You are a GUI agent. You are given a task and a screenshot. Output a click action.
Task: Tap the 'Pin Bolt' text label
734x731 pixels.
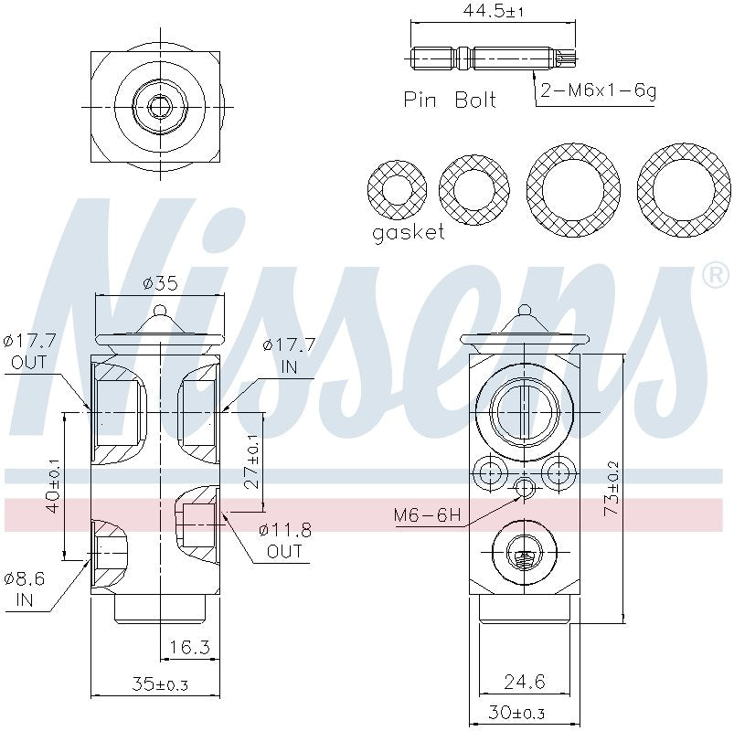click(449, 100)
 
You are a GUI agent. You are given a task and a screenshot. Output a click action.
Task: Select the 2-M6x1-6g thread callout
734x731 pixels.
click(598, 91)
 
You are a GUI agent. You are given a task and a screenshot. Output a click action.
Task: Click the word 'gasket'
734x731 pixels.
click(408, 232)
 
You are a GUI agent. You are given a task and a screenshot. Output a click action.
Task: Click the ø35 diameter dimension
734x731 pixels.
click(160, 283)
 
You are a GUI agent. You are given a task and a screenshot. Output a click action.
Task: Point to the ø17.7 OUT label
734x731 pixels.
click(30, 352)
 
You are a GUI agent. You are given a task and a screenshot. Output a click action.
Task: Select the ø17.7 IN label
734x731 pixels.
click(288, 355)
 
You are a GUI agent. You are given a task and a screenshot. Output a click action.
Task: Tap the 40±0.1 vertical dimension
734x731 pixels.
click(52, 485)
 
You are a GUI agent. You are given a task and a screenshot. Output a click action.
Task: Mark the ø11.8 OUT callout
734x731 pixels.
click(284, 540)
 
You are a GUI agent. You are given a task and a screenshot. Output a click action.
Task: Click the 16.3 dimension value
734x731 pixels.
click(190, 648)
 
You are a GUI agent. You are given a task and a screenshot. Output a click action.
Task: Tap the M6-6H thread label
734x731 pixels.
click(427, 515)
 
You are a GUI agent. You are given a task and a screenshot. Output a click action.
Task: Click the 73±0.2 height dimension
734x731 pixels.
click(612, 489)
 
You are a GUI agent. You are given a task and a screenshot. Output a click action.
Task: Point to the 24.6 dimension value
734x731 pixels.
click(525, 681)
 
